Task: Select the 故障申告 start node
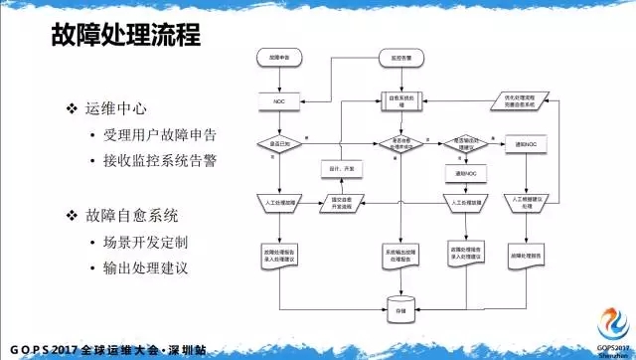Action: click(x=279, y=62)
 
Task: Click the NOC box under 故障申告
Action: click(x=279, y=102)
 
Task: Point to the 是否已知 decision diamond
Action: click(x=279, y=145)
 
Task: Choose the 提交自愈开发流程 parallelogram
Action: click(x=341, y=206)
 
